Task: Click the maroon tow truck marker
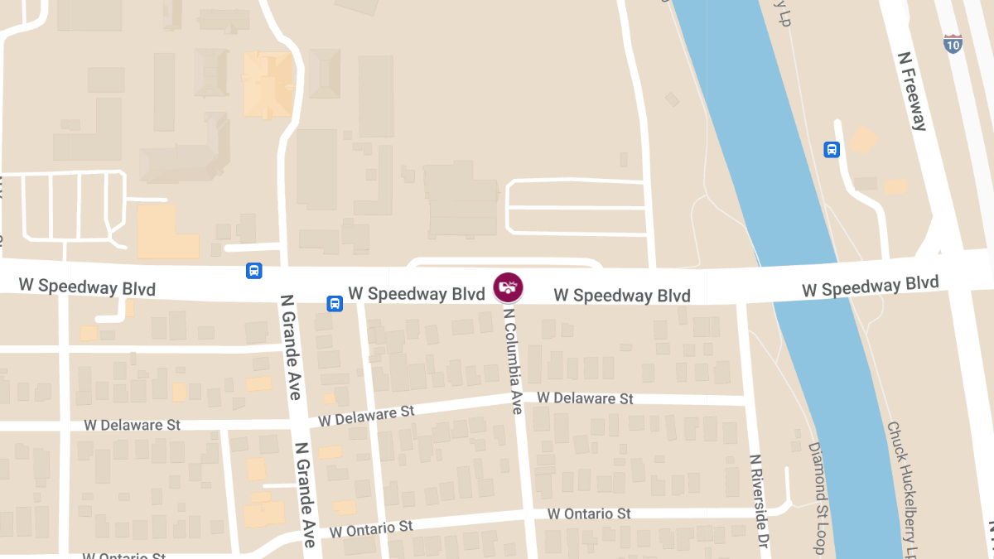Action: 508,287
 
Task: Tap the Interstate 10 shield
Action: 953,44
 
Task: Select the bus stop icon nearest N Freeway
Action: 832,150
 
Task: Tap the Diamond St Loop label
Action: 818,497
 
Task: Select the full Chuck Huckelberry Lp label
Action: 902,489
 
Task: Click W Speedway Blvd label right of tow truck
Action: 622,295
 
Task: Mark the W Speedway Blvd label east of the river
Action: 870,287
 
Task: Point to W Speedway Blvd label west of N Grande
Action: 87,286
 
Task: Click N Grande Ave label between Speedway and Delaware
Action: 290,347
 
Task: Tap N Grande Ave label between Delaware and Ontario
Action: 304,494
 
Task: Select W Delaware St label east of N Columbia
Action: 585,398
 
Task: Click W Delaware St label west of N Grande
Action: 132,425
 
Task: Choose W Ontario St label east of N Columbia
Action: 589,513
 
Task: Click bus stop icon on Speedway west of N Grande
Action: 253,271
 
